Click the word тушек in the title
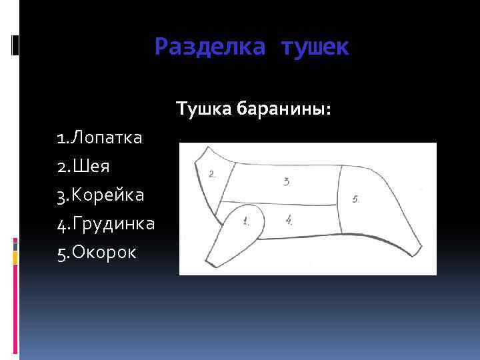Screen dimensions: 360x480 click(315, 47)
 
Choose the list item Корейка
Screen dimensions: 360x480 click(106, 195)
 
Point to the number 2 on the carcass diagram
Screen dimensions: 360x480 click(212, 175)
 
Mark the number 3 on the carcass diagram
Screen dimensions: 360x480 click(286, 181)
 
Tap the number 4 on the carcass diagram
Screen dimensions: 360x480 click(289, 219)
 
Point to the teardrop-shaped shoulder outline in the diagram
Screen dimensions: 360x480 click(237, 227)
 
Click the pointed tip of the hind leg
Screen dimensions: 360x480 click(417, 255)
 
